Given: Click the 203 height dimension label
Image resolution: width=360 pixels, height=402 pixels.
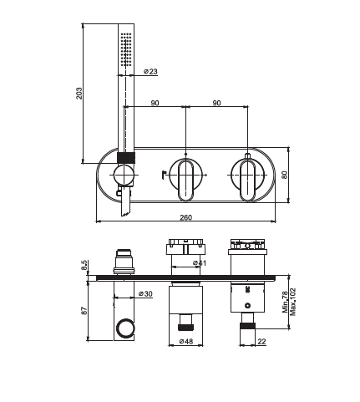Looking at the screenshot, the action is pos(79,94).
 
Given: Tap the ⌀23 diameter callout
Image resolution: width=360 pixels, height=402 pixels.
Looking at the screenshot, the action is pos(150,71).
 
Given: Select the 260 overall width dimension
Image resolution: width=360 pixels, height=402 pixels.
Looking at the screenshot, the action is pos(185,217).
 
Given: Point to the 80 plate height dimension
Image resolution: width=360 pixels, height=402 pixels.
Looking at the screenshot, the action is pos(284,175).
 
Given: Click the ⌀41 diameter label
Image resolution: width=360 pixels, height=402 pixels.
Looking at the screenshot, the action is pos(200,262).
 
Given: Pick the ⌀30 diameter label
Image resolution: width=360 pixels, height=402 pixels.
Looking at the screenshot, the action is pos(145,293).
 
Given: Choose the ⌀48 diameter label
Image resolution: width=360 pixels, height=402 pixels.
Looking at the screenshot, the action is pos(186,341).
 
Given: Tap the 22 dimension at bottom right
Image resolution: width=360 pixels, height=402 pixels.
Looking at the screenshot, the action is pos(261,341).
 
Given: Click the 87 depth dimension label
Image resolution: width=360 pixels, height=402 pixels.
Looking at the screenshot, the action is pos(84,311).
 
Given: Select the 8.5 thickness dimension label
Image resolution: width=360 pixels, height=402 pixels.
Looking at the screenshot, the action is pos(84,265).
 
